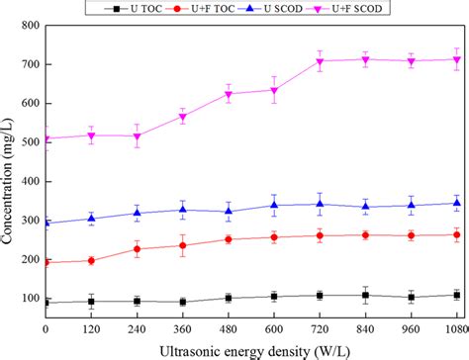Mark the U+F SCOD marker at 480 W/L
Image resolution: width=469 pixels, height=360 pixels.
pyautogui.click(x=229, y=95)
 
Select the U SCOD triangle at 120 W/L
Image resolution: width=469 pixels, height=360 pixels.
pyautogui.click(x=91, y=219)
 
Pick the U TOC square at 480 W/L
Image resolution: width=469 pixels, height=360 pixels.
pyautogui.click(x=229, y=298)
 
